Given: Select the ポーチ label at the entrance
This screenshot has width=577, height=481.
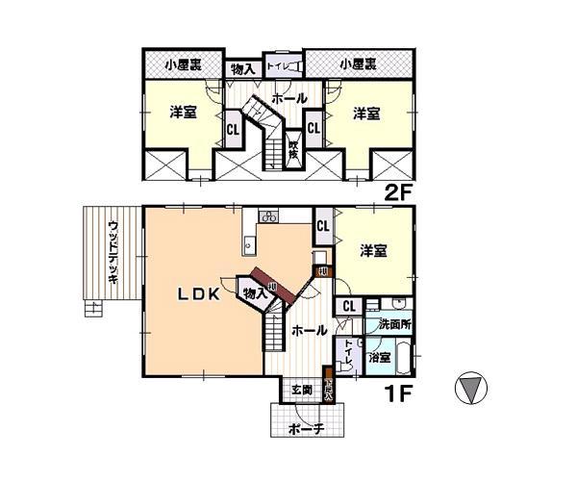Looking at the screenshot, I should point(306,429).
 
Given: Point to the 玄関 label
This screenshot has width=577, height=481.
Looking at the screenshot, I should point(302,391).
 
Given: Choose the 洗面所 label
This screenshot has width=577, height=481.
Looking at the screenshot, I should point(393,324).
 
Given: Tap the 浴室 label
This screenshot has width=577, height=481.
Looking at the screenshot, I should point(378,358).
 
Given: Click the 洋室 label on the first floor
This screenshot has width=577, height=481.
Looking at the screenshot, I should point(373,251).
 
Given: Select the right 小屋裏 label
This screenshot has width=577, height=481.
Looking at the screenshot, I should point(358,65).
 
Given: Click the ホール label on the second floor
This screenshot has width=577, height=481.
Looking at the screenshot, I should point(289,98).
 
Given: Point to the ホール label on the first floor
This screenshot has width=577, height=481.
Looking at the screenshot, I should point(308,330).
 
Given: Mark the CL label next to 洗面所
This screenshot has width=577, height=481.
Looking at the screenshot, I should point(348,306).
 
